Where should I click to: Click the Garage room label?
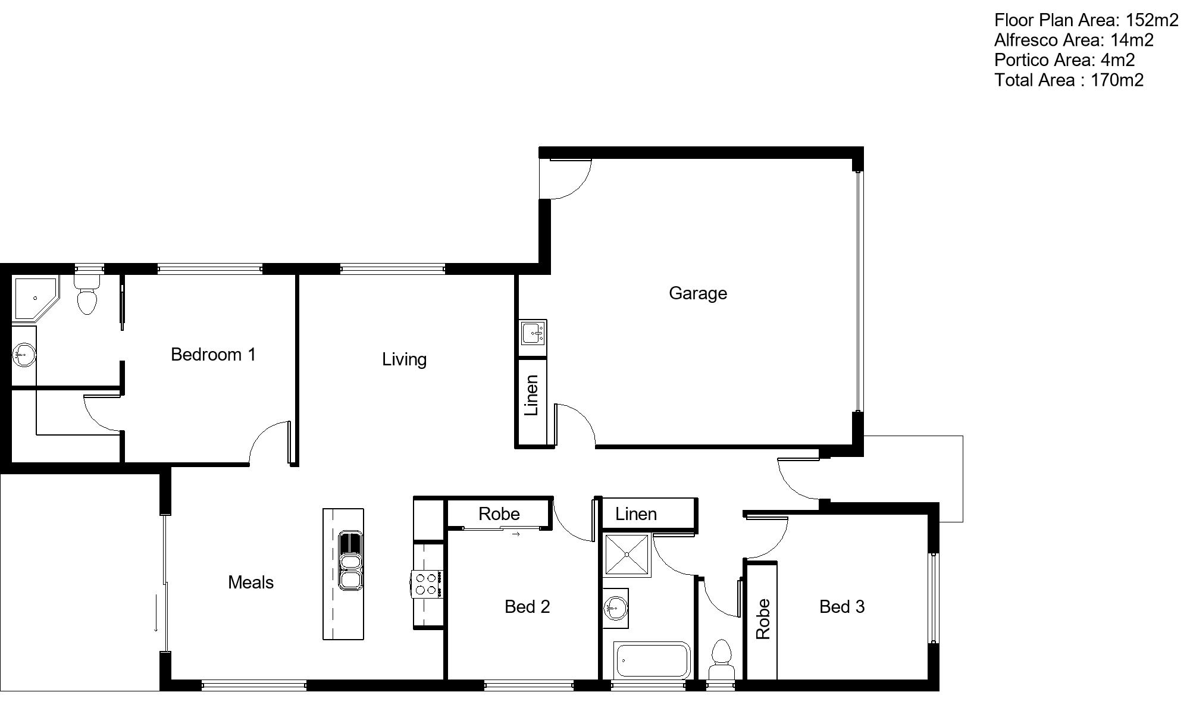[x=698, y=293]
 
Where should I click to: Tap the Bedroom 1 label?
[x=213, y=355]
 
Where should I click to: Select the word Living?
[x=405, y=359]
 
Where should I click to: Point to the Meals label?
[x=250, y=583]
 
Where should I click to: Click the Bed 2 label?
[x=527, y=607]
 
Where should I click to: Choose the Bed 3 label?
[x=842, y=607]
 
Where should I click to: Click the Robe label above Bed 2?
[x=499, y=514]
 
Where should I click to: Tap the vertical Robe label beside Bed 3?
[x=763, y=619]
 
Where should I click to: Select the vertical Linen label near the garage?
[x=531, y=395]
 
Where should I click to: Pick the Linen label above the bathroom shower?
[x=636, y=514]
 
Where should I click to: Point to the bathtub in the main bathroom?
[x=652, y=660]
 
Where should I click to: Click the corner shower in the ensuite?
[x=35, y=299]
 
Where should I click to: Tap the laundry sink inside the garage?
[x=533, y=334]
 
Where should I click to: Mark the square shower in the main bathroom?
[x=627, y=555]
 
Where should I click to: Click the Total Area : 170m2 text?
[x=1069, y=80]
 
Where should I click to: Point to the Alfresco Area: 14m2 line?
[x=1074, y=40]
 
